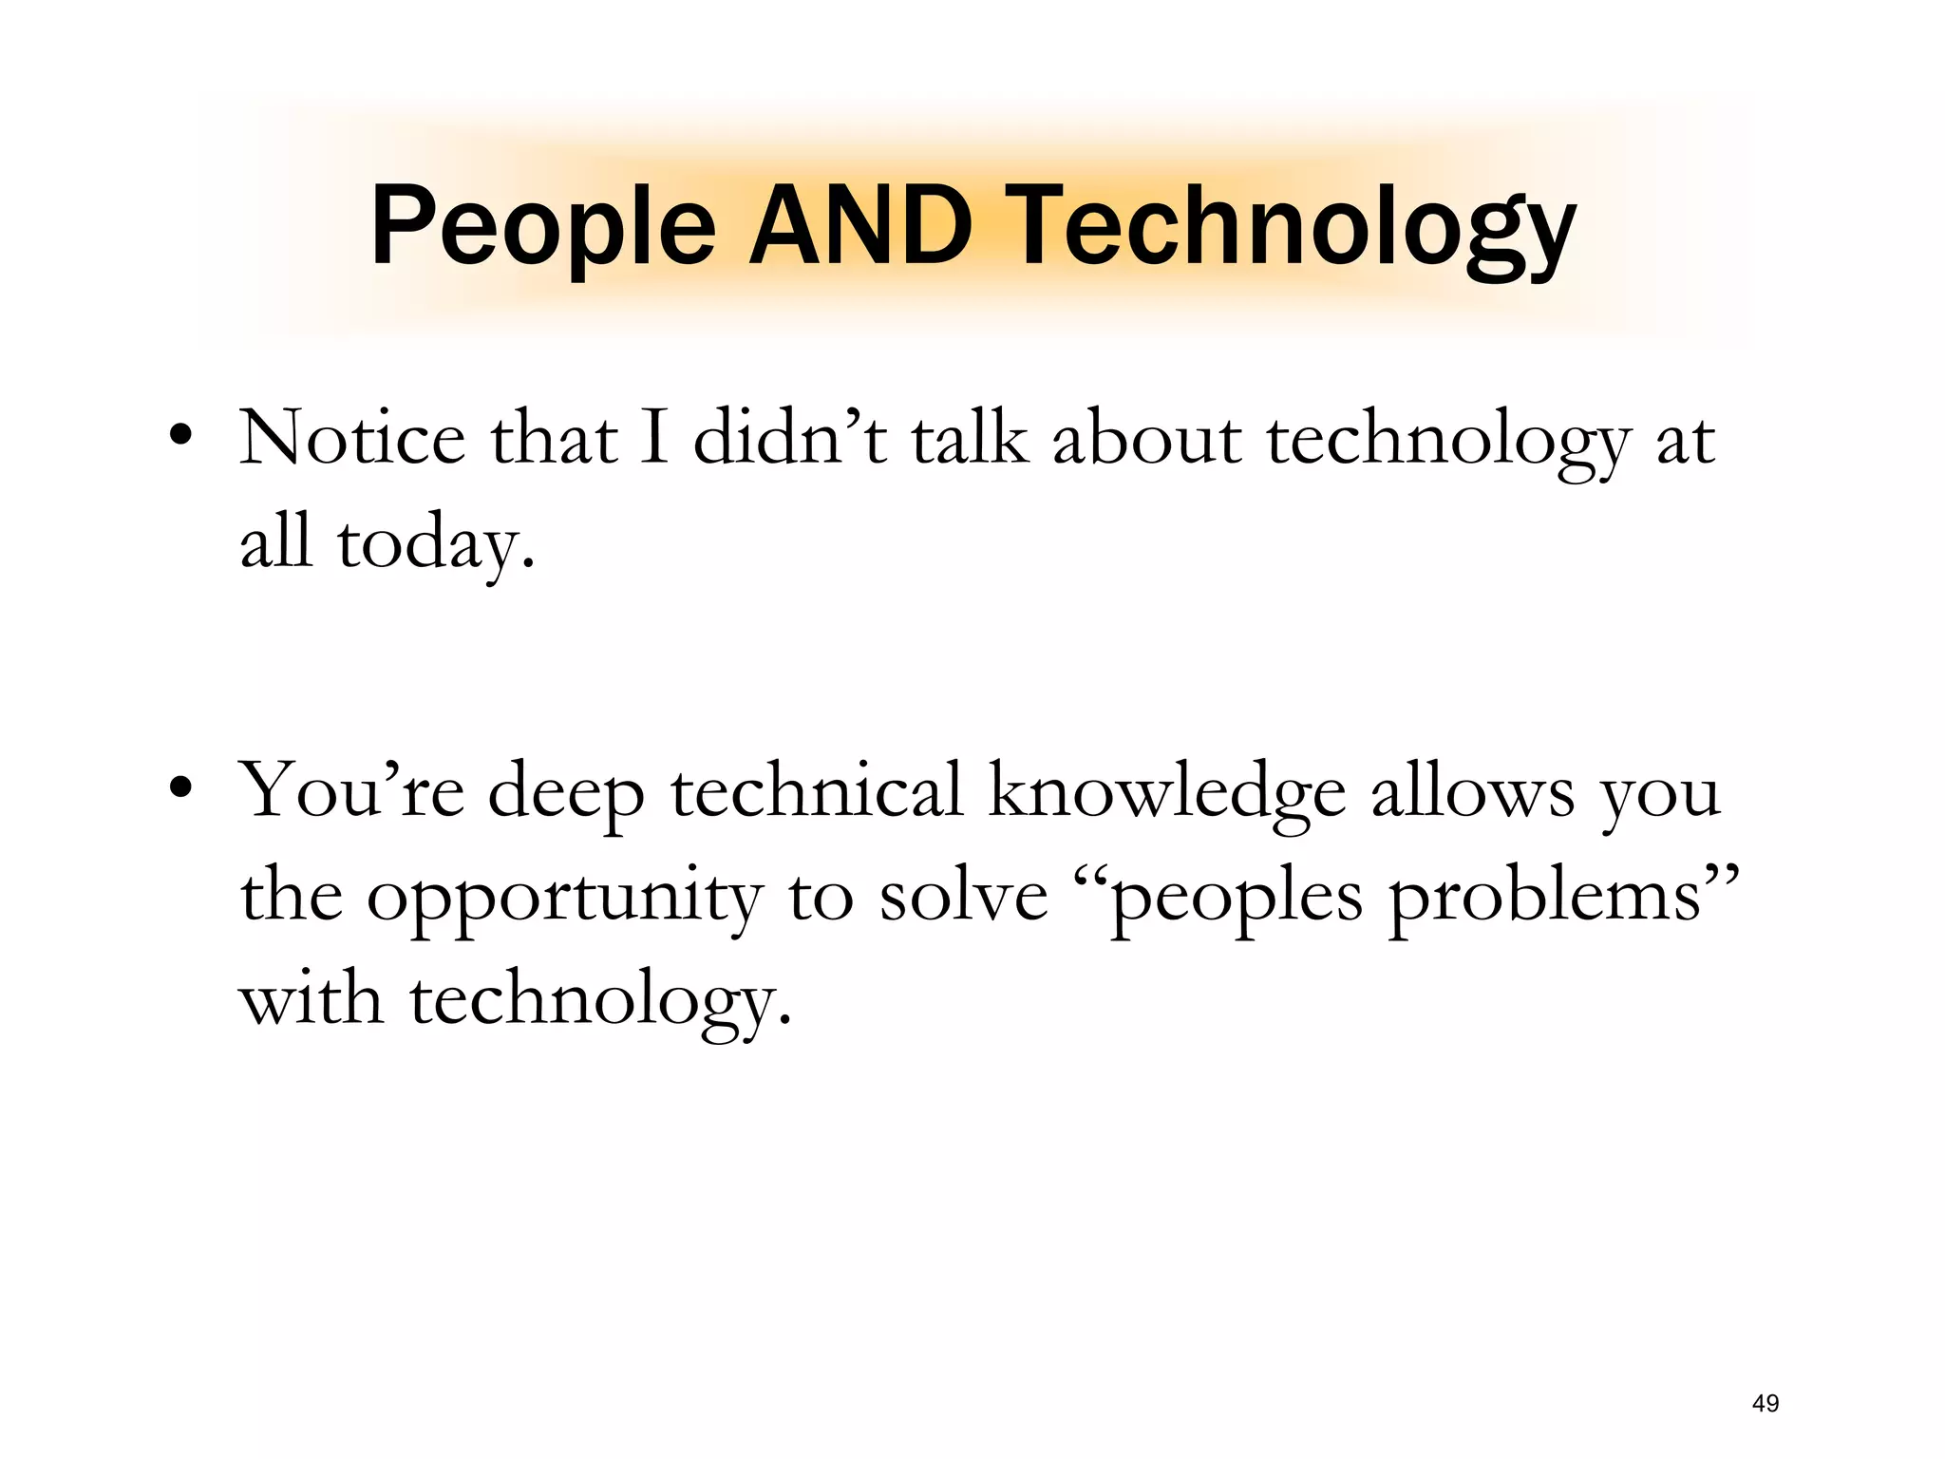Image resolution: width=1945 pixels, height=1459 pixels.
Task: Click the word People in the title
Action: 542,228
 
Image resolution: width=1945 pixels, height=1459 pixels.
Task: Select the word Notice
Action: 352,439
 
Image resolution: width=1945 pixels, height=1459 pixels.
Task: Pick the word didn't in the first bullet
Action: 790,439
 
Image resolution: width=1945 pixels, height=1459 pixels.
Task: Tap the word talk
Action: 970,439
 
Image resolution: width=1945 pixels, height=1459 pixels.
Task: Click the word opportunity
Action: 564,898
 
